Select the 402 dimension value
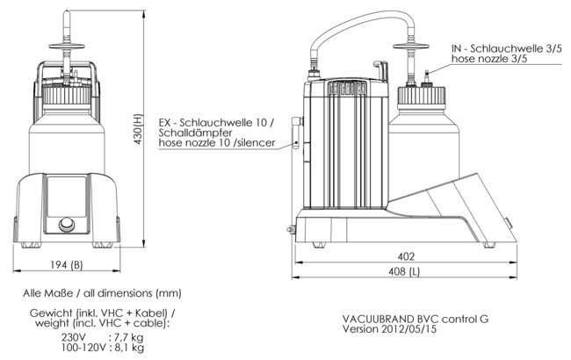click(x=405, y=256)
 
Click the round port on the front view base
click(x=67, y=226)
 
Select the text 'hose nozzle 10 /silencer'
click(x=217, y=142)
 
